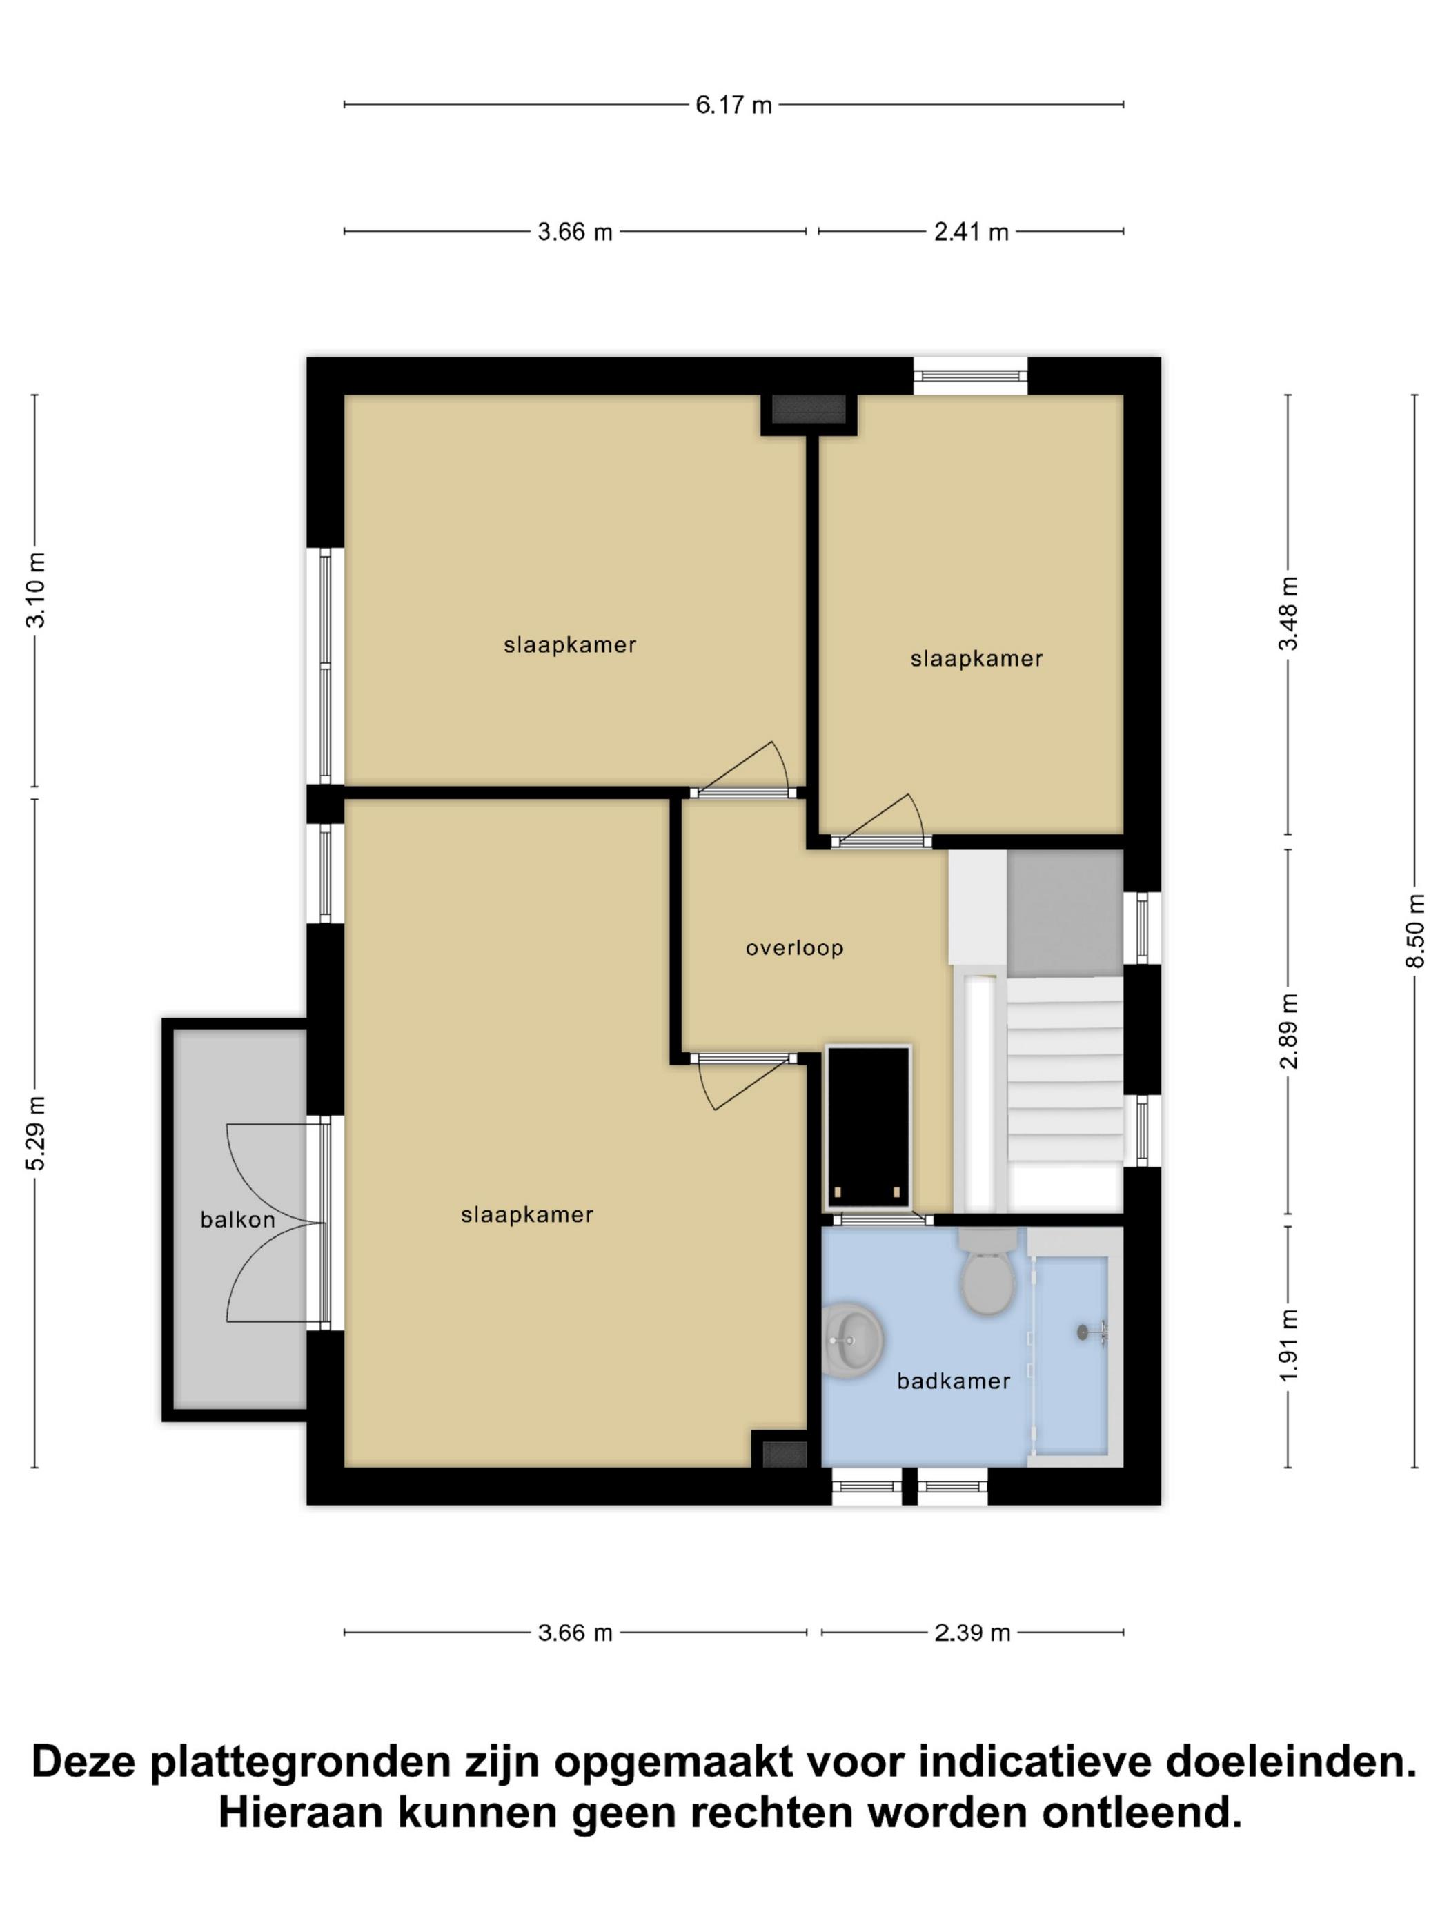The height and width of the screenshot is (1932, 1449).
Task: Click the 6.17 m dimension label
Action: click(733, 105)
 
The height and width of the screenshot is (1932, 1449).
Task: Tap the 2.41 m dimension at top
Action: click(972, 231)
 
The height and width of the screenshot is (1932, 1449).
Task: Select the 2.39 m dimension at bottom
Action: click(972, 1633)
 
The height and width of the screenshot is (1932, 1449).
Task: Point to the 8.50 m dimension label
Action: click(1415, 931)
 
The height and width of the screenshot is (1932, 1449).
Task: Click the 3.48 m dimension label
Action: click(1288, 613)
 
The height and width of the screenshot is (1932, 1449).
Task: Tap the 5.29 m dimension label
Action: click(35, 1133)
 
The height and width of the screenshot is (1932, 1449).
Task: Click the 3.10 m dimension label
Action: click(35, 591)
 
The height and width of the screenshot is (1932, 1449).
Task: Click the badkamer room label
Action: click(954, 1381)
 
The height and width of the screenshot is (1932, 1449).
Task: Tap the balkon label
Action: click(237, 1219)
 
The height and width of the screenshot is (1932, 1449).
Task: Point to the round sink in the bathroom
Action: click(852, 1340)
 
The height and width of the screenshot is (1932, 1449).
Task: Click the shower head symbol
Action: click(1092, 1332)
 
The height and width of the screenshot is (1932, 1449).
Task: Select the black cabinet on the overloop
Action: click(868, 1127)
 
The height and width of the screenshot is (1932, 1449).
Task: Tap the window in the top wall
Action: click(970, 375)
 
